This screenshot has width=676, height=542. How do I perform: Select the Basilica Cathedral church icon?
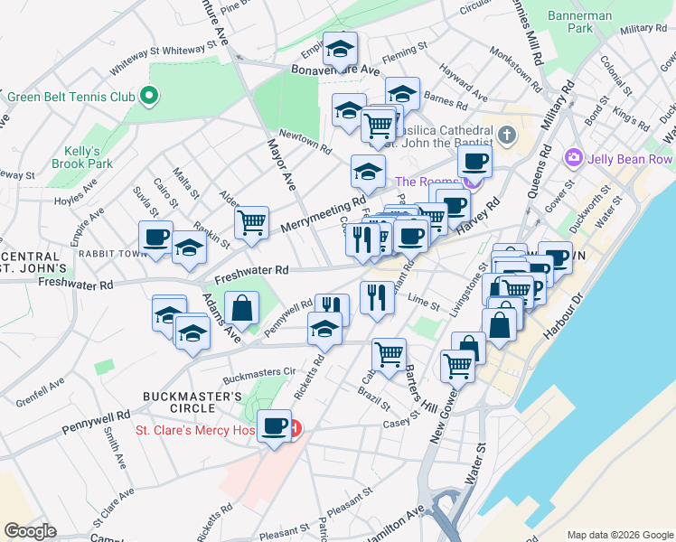[507, 136]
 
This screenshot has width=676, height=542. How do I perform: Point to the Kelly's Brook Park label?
[89, 158]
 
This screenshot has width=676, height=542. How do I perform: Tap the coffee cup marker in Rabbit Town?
[155, 238]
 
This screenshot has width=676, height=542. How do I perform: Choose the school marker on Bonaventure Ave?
[341, 49]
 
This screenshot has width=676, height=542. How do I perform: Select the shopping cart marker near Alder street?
[251, 222]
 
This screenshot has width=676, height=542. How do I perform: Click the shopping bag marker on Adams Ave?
[242, 308]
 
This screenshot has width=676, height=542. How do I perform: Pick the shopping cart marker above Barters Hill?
[389, 355]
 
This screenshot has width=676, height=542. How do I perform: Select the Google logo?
[29, 531]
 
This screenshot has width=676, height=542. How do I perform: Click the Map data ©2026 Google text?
[619, 535]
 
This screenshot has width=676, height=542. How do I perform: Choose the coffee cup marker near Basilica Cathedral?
[474, 163]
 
